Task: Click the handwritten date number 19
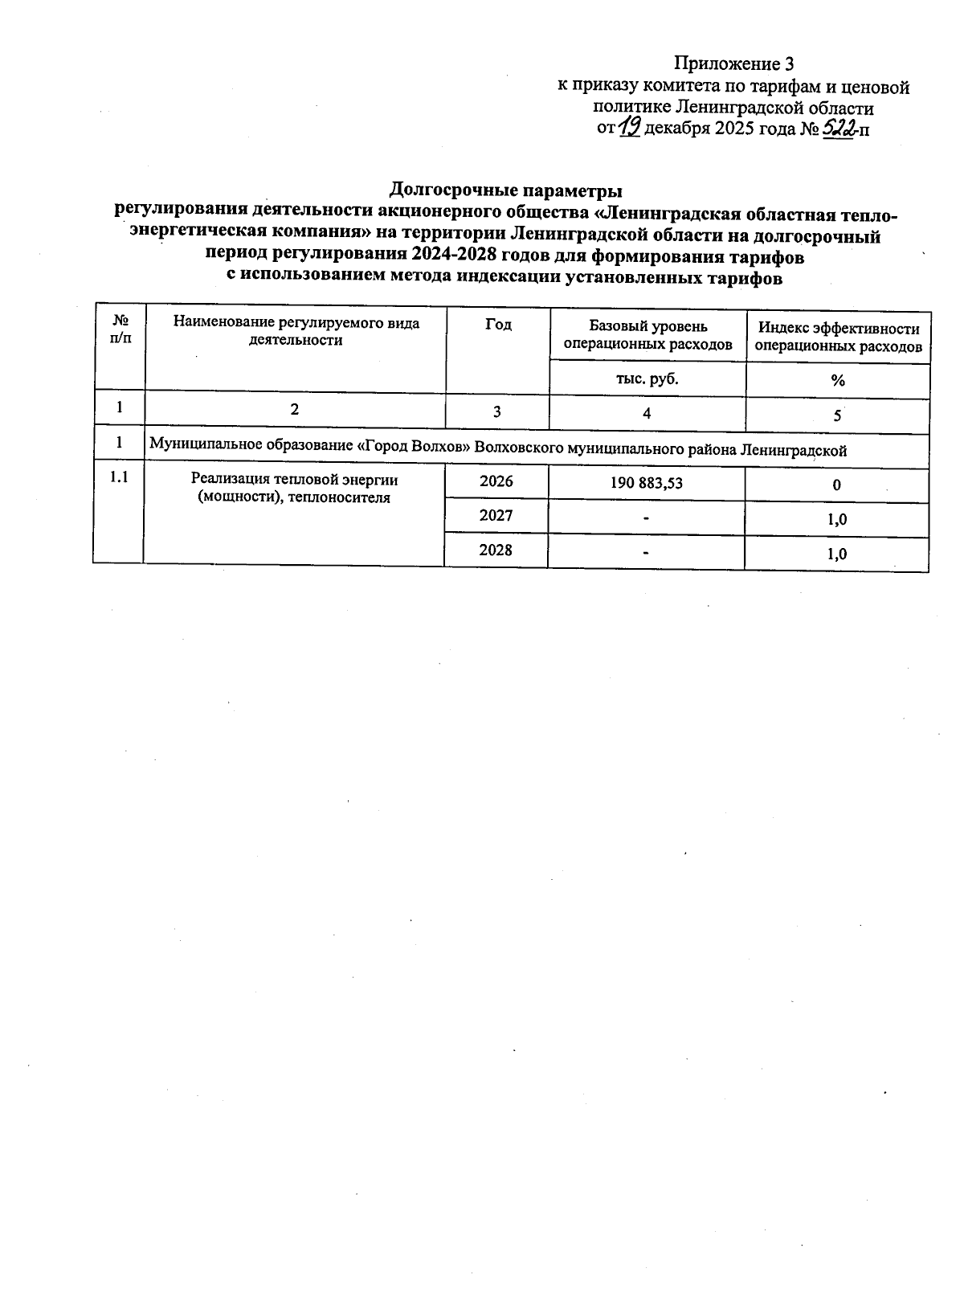tap(629, 127)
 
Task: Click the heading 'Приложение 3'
tap(733, 64)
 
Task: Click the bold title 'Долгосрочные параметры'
tap(505, 190)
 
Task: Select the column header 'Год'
tap(498, 325)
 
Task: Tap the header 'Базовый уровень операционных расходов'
tap(647, 335)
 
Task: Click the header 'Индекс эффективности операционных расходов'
tap(838, 337)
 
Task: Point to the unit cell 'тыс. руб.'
tap(647, 378)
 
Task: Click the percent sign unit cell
tap(838, 381)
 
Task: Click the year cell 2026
tap(496, 482)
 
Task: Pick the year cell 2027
tap(496, 516)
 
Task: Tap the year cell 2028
tap(496, 550)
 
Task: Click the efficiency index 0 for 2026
tap(836, 485)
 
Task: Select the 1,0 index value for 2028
tap(836, 554)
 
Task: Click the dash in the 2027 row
tap(646, 519)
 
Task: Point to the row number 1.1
tap(119, 477)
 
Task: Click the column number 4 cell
tap(647, 412)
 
